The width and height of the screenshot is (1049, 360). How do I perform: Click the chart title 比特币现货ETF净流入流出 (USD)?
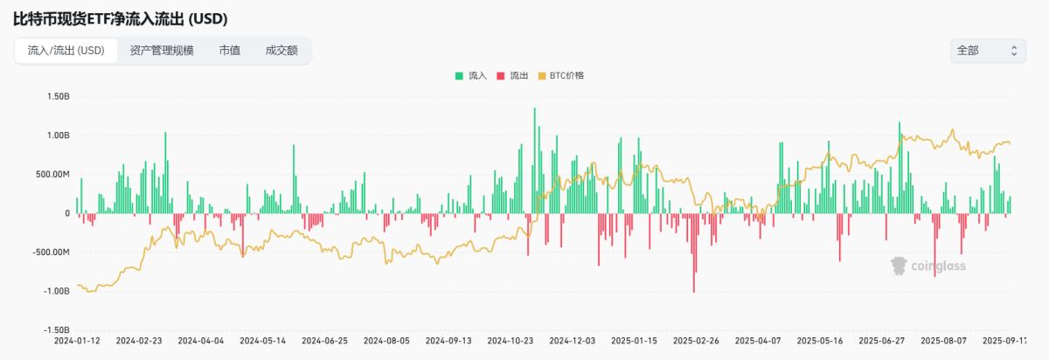[x=121, y=18]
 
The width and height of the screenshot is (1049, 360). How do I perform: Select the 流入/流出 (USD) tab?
[x=66, y=51]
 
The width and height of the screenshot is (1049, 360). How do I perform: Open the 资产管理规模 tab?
[x=162, y=51]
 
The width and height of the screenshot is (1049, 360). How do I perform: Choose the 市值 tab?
[x=230, y=51]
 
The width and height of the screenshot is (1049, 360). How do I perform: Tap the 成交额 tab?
[x=282, y=51]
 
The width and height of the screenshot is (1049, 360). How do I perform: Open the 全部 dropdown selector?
[x=987, y=51]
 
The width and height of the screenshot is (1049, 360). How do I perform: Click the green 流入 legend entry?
[x=471, y=76]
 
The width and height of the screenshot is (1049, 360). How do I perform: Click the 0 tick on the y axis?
[x=67, y=213]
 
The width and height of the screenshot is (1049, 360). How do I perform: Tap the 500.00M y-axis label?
[x=53, y=174]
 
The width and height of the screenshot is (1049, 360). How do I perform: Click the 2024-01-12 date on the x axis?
[x=77, y=340]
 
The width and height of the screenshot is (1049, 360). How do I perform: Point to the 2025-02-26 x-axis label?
[x=696, y=340]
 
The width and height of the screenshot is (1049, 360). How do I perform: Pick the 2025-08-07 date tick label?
[x=945, y=340]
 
